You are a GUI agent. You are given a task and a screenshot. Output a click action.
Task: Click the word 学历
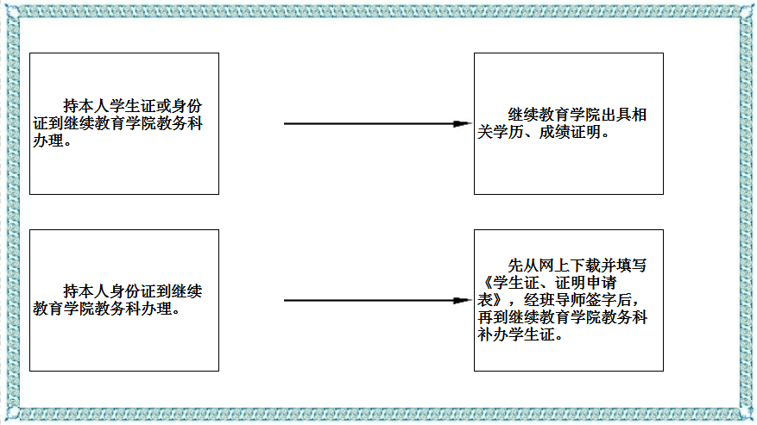[x=507, y=133]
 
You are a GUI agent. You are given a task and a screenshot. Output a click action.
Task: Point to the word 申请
[x=603, y=284]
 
